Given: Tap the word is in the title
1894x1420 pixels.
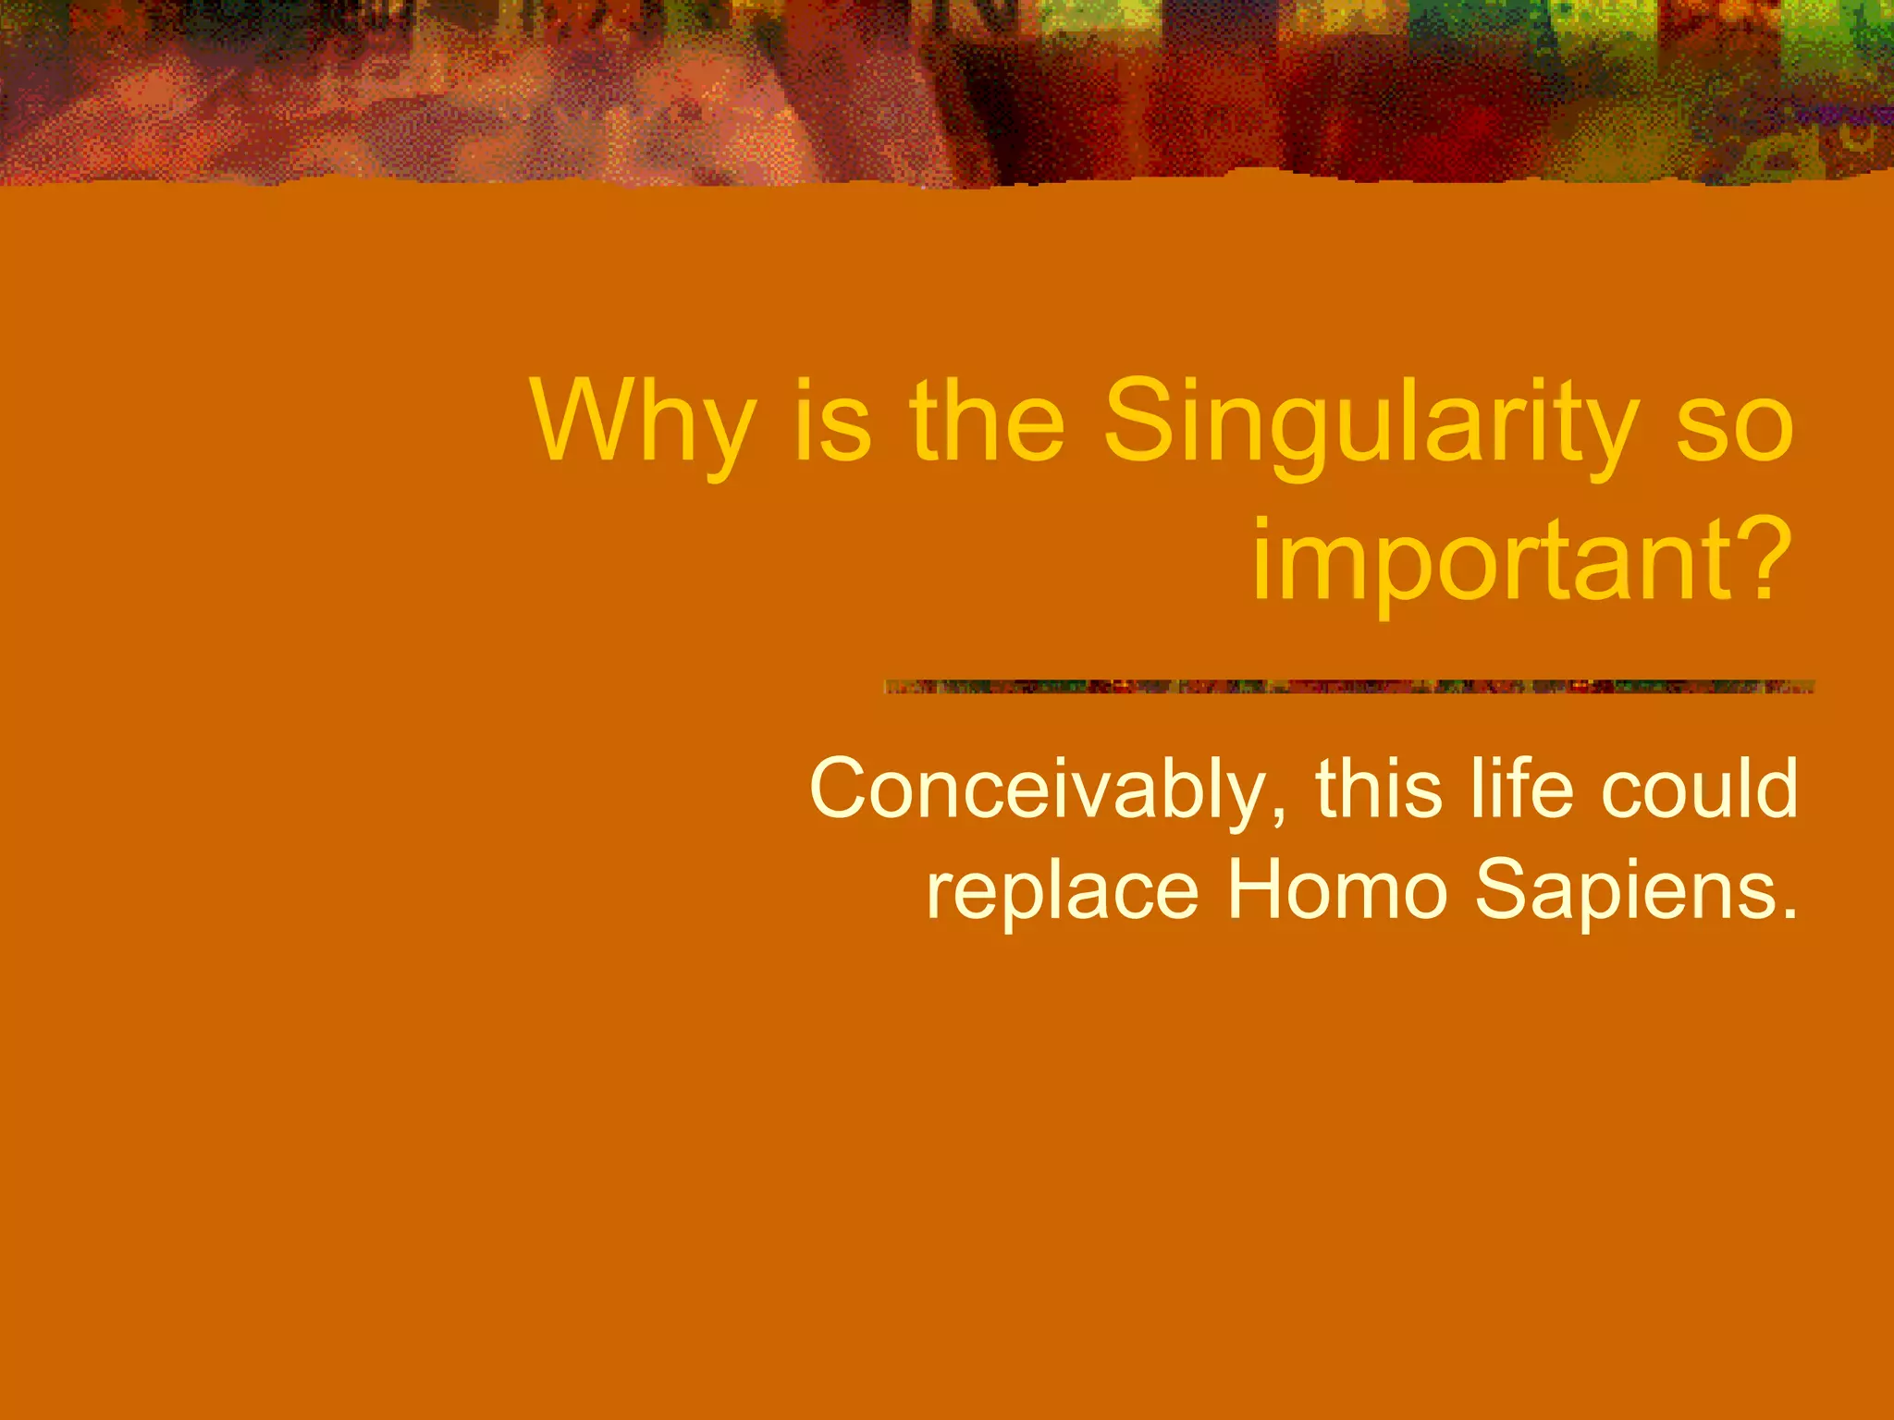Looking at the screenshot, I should tap(832, 423).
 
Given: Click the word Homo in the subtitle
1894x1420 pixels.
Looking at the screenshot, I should tap(1336, 889).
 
